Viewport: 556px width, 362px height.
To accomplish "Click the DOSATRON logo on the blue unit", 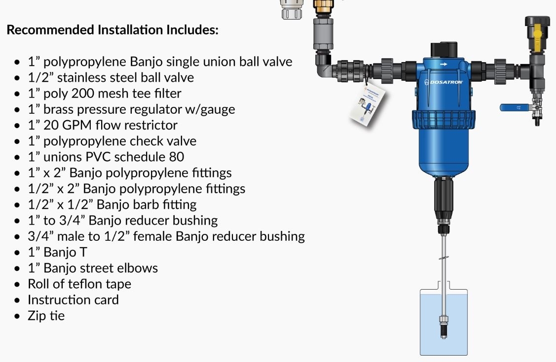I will click(x=444, y=82).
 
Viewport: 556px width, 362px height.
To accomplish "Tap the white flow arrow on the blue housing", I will click(x=443, y=64).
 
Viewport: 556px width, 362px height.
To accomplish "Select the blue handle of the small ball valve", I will click(x=513, y=107).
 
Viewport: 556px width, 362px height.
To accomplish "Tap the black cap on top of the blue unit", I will click(x=444, y=50).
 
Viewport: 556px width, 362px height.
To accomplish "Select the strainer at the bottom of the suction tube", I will click(x=443, y=328).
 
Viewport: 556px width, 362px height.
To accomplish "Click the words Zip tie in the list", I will click(x=46, y=316).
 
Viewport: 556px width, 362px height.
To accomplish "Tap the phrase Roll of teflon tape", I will click(x=79, y=284).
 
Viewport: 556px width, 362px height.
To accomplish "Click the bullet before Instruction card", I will click(x=18, y=300).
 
